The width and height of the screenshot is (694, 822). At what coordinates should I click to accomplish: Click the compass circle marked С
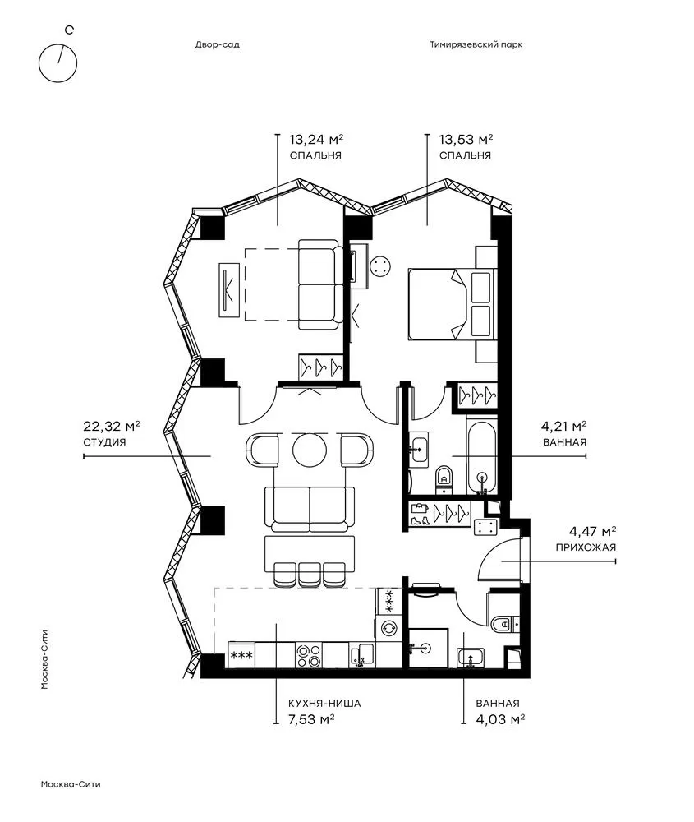click(x=39, y=63)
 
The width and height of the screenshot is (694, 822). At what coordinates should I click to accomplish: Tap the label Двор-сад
click(x=218, y=44)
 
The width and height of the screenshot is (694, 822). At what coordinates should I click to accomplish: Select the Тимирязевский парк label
click(x=476, y=44)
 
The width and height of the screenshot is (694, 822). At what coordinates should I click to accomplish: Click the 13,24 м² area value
click(x=316, y=140)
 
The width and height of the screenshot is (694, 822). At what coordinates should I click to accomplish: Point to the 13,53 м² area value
click(x=466, y=140)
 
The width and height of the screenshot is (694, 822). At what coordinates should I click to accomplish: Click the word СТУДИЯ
click(x=104, y=442)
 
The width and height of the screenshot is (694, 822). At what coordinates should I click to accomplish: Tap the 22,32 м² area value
click(x=111, y=426)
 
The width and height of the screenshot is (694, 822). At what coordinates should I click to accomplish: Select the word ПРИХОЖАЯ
click(x=586, y=547)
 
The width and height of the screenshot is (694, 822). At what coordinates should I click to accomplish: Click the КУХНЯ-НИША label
click(x=324, y=704)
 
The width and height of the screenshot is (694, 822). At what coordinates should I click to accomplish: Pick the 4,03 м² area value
click(x=500, y=719)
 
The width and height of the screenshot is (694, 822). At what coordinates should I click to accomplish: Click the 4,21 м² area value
click(x=563, y=426)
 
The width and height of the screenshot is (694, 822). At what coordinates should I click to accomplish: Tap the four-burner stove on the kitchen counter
click(x=309, y=655)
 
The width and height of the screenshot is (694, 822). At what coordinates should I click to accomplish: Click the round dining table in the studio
click(x=310, y=450)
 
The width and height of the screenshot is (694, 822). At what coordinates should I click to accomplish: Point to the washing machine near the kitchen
click(x=388, y=627)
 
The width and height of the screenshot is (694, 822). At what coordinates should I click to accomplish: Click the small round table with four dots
click(x=379, y=266)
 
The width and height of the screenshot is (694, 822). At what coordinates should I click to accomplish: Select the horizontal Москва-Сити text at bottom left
click(x=70, y=785)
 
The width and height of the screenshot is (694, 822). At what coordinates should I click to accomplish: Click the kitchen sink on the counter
click(x=362, y=655)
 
